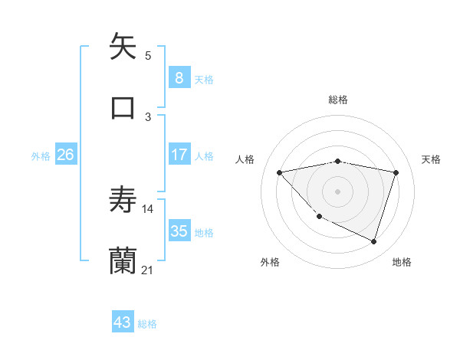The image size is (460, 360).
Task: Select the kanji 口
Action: click(123, 107)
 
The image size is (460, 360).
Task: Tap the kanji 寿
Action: click(123, 201)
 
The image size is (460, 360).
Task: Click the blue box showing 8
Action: click(179, 77)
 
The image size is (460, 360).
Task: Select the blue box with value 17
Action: click(179, 155)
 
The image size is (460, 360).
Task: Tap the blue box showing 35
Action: click(179, 231)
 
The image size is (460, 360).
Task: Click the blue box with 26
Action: click(65, 155)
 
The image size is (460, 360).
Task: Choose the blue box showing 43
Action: click(123, 322)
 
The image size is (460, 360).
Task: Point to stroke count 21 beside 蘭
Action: click(148, 270)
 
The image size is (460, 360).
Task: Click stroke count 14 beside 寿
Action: click(148, 208)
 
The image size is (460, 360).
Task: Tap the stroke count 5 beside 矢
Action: click(148, 55)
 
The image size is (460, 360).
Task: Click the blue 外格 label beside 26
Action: click(41, 156)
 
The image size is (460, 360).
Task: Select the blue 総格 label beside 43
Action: click(147, 324)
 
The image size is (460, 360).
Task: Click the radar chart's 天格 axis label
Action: click(431, 159)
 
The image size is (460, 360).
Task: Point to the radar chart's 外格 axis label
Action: click(270, 262)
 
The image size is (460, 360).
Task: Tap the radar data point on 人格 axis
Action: click(279, 172)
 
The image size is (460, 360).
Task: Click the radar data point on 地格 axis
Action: click(374, 242)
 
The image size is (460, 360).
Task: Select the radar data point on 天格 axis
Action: click(396, 172)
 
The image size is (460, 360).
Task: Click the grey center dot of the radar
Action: click(337, 191)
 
